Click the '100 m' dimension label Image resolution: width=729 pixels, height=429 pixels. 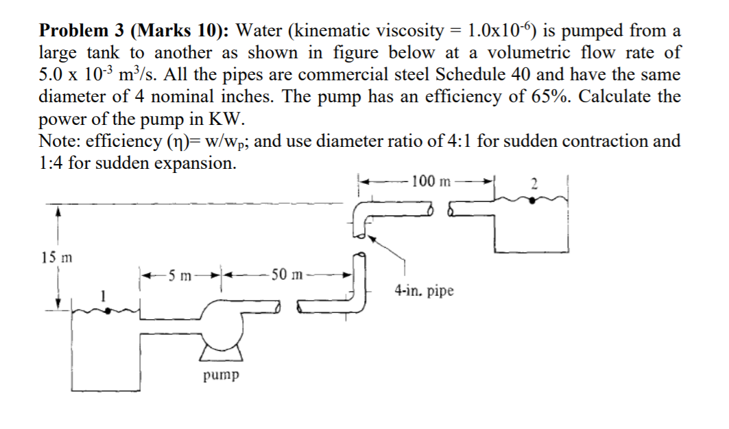433,181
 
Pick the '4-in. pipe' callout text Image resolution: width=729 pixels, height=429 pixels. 424,291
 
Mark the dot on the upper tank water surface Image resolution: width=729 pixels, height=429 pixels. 535,199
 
